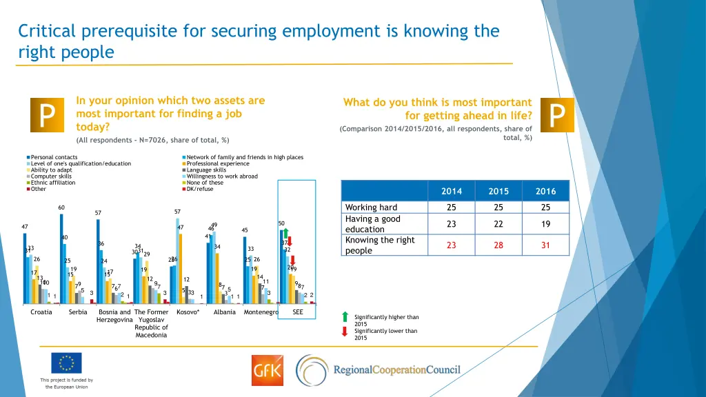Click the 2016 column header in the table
pyautogui.click(x=545, y=191)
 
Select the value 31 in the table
pyautogui.click(x=545, y=245)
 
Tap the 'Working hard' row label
pyautogui.click(x=371, y=207)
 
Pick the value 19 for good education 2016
pyautogui.click(x=545, y=224)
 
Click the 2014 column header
pyautogui.click(x=452, y=191)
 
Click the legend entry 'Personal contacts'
pyautogui.click(x=54, y=157)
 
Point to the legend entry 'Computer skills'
pyautogui.click(x=51, y=176)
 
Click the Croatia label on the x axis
pyautogui.click(x=41, y=312)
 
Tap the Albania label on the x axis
pyautogui.click(x=225, y=312)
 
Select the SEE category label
pyautogui.click(x=298, y=312)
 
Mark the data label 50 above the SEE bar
pyautogui.click(x=281, y=223)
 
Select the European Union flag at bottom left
pyautogui.click(x=66, y=363)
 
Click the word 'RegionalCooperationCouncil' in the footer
pyautogui.click(x=396, y=370)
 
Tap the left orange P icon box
pyautogui.click(x=46, y=115)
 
